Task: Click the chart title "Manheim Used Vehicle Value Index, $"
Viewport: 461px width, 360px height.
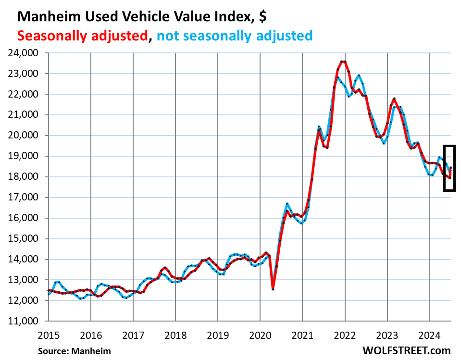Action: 142,16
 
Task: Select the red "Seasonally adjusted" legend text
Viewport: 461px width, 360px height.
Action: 82,35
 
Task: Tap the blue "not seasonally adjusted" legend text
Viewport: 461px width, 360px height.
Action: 235,35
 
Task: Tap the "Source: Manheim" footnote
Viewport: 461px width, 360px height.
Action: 75,351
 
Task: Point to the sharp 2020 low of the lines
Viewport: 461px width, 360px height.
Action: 273,289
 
